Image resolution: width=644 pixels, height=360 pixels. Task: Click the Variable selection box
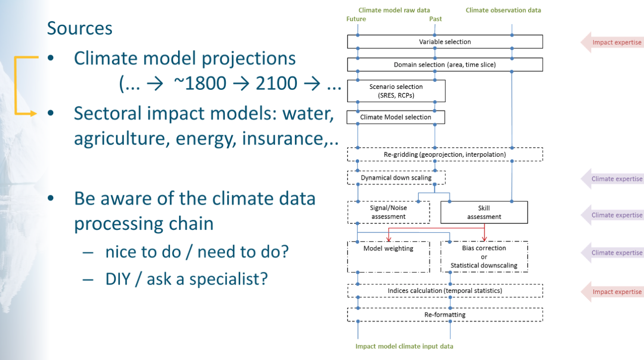[445, 42]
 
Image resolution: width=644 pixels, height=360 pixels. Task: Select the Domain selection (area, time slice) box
[445, 65]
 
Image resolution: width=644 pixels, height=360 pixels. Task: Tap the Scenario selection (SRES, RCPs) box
[396, 91]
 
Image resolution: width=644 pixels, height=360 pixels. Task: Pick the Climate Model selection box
[395, 117]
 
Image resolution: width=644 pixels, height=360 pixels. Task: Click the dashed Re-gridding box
[445, 154]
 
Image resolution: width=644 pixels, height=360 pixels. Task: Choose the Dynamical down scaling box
[396, 178]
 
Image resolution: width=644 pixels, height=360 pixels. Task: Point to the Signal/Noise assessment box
[389, 212]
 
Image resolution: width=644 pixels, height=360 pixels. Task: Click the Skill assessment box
[484, 212]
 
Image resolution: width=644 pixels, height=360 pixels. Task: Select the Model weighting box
[389, 256]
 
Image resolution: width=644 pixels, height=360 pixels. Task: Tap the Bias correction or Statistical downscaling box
[484, 256]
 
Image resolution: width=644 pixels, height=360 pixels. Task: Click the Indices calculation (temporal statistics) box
[445, 291]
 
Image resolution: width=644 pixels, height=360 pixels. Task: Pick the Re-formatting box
[445, 315]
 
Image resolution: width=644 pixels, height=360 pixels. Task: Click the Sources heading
[80, 28]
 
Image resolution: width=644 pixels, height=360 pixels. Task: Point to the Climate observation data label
[503, 10]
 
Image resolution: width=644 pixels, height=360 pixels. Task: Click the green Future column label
[356, 19]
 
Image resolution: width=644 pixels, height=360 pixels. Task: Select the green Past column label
[435, 19]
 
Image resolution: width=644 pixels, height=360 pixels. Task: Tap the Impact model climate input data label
[404, 346]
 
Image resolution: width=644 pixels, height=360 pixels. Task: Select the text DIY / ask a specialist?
[186, 279]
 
